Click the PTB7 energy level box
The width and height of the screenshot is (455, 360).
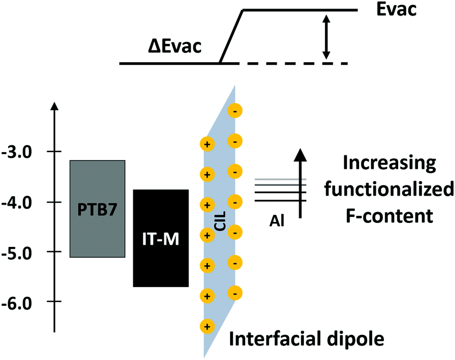coord(97,208)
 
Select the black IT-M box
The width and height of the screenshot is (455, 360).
coord(161,238)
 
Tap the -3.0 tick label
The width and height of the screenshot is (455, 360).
coord(20,152)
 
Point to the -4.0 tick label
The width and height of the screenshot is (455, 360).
coord(20,202)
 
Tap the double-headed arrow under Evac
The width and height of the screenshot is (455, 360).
coord(325,37)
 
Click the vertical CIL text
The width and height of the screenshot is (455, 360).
coord(220,219)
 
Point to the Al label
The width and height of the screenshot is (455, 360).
coord(278,219)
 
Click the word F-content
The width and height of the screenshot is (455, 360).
coord(389,216)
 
